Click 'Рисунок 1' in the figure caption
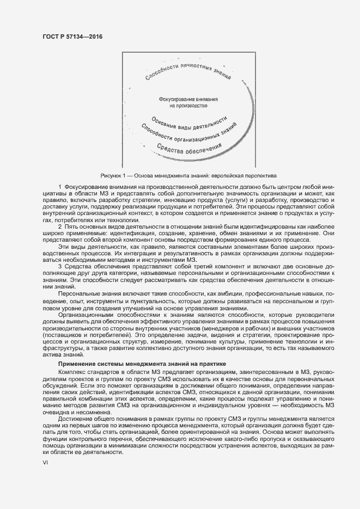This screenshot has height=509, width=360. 113,176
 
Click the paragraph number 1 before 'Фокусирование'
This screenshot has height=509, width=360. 59,187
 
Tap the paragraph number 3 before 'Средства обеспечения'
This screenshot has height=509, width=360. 59,265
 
